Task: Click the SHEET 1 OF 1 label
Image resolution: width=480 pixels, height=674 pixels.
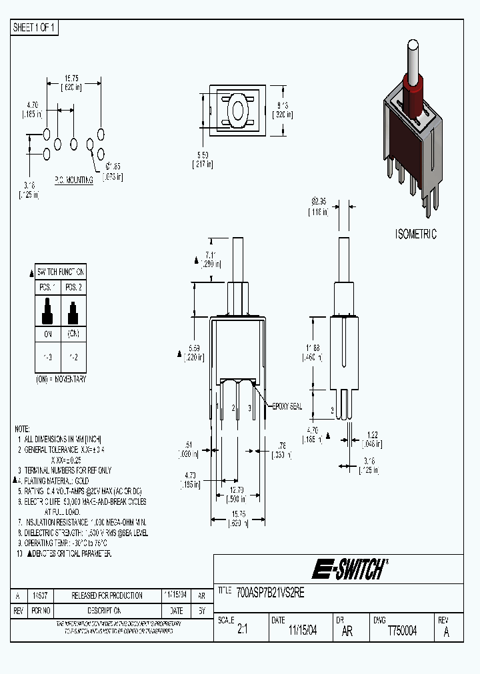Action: click(x=35, y=27)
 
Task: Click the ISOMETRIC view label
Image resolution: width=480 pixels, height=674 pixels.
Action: click(x=416, y=234)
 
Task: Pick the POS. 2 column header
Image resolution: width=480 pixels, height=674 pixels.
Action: click(x=73, y=286)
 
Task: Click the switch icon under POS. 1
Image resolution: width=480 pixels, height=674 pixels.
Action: click(x=47, y=309)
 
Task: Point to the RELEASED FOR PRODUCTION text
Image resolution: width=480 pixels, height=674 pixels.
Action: click(x=107, y=595)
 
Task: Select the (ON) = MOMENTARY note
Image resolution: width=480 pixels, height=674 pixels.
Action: click(x=61, y=378)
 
